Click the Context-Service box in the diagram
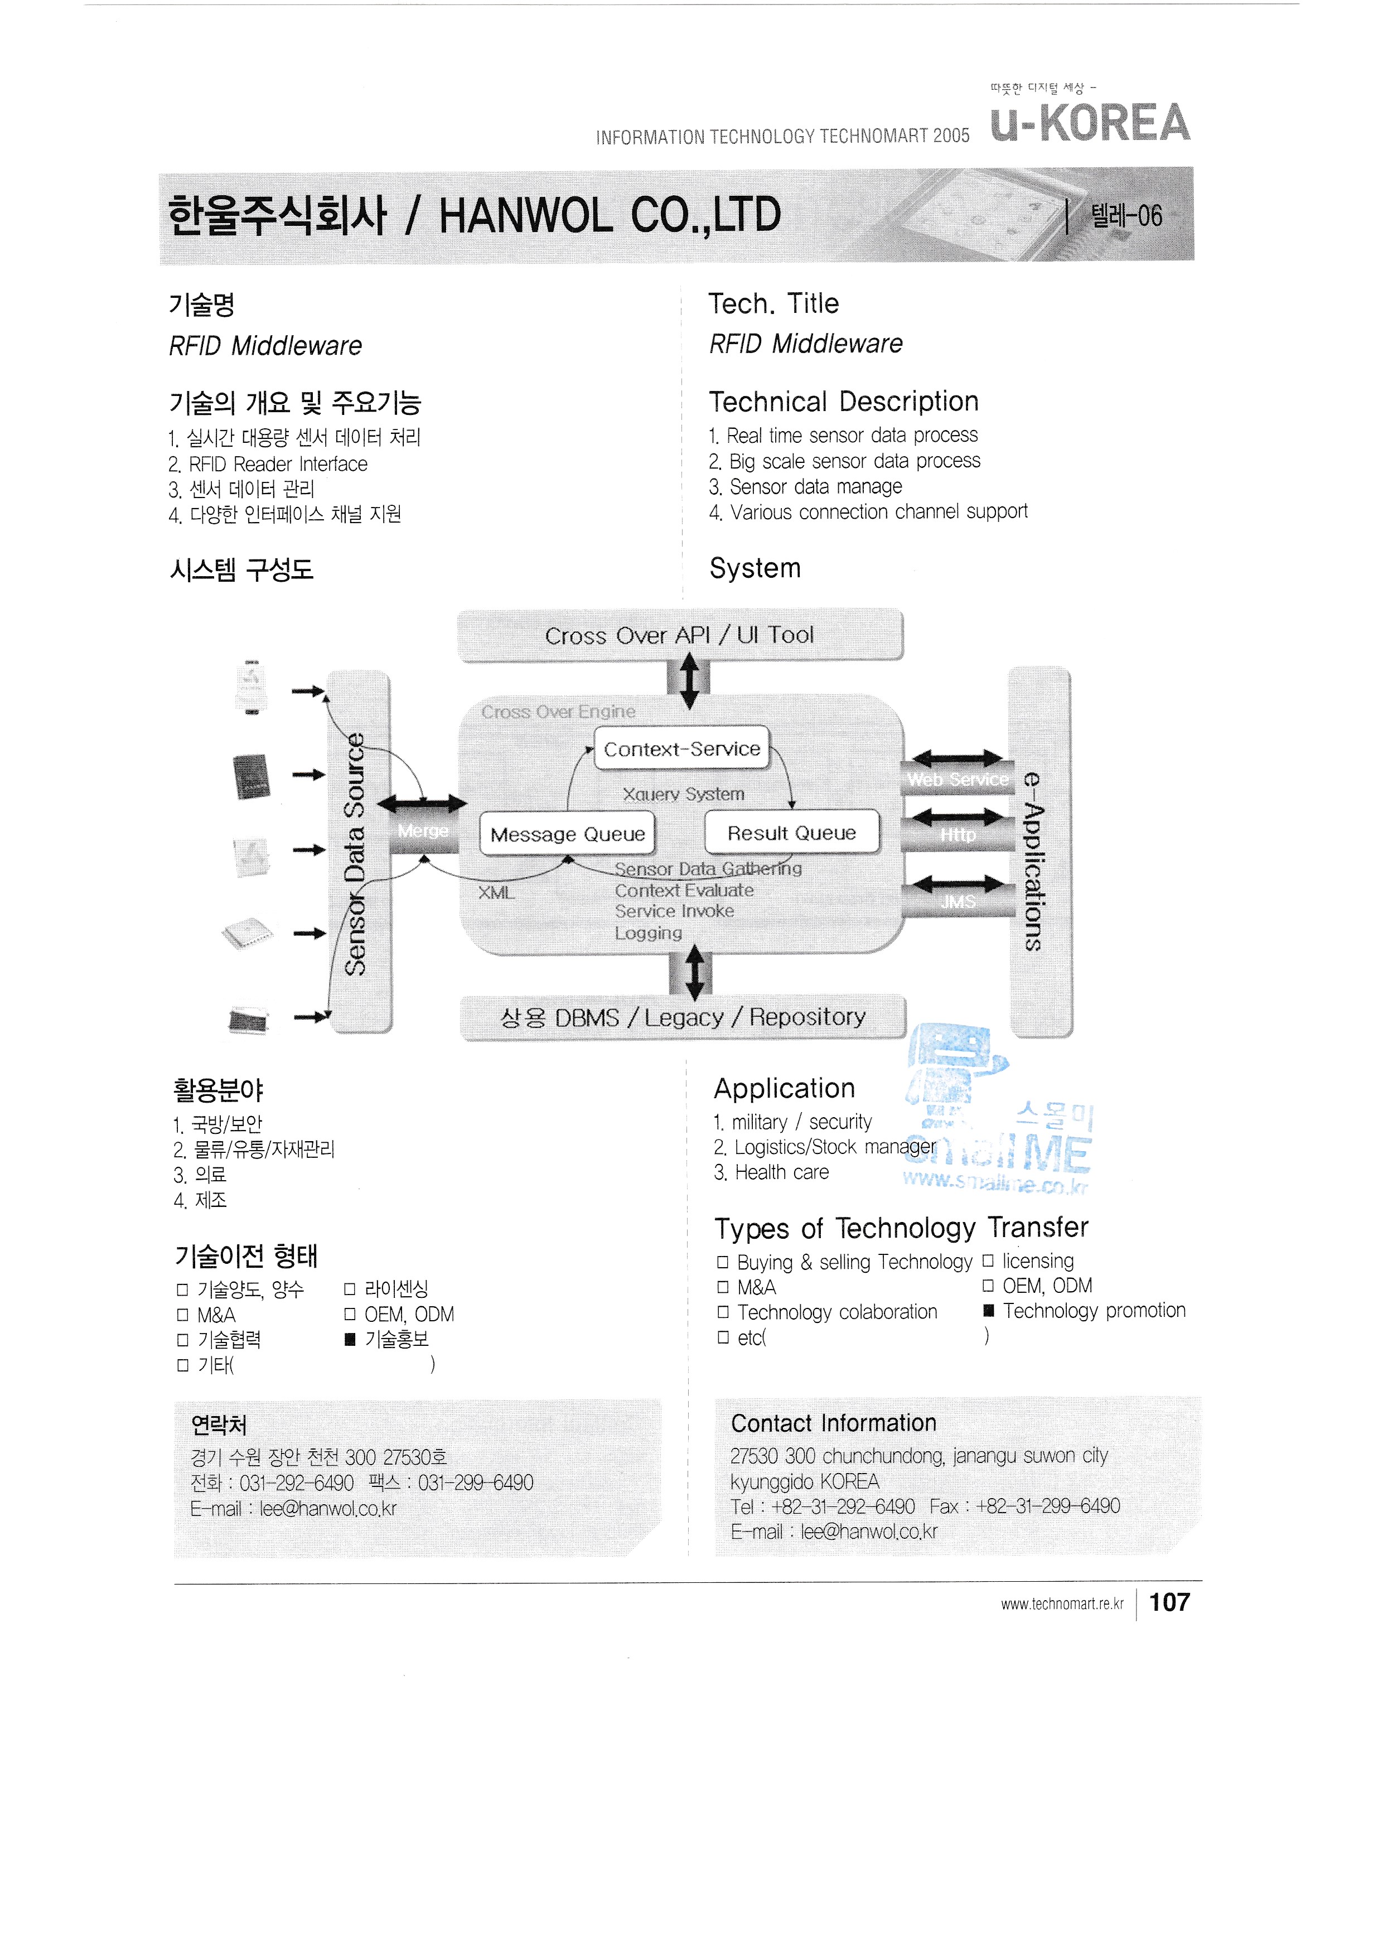coord(681,749)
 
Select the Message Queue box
coord(567,834)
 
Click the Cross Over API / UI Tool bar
coord(680,635)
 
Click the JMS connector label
coord(957,901)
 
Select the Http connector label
coord(957,835)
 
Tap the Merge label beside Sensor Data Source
coord(422,830)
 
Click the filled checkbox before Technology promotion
coord(989,1311)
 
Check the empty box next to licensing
coord(989,1261)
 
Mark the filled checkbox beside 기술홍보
coord(349,1339)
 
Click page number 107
coord(1169,1602)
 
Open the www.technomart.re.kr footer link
coord(1062,1604)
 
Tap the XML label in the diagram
coord(496,893)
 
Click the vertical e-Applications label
coord(1033,861)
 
